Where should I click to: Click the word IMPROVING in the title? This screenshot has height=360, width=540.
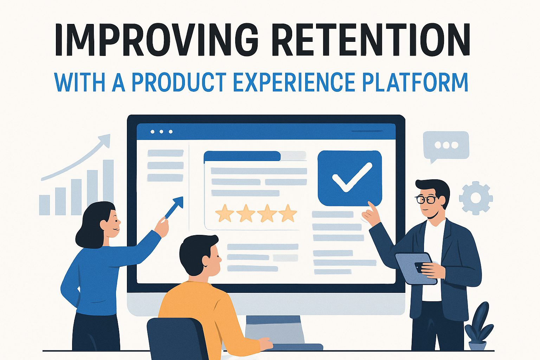(157, 40)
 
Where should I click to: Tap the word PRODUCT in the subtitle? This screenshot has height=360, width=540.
(179, 82)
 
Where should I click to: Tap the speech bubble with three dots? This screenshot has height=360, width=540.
(446, 145)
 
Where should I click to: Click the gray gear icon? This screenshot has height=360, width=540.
(476, 198)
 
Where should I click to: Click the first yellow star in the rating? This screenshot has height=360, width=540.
(225, 213)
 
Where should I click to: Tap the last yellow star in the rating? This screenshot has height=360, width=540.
(288, 213)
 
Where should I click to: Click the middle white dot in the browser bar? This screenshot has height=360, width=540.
(161, 132)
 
